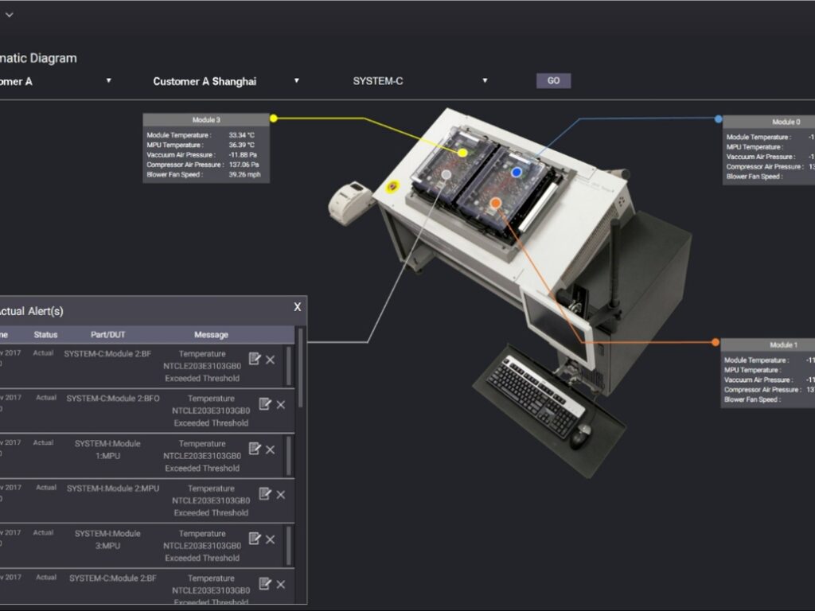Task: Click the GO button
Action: (553, 80)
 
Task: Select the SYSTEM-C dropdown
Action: (419, 81)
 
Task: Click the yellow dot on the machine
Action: (462, 152)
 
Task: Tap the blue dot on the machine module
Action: (517, 172)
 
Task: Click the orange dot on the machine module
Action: (495, 204)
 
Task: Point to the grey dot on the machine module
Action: (446, 173)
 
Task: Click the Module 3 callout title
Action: (206, 119)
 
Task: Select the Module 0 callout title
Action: (786, 122)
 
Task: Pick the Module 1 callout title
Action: (782, 344)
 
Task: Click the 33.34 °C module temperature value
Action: (241, 135)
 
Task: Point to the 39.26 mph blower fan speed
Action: (244, 174)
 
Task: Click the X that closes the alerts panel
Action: (298, 307)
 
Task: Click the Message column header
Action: (211, 335)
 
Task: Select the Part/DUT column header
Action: (107, 335)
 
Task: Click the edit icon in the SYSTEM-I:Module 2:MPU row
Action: (255, 493)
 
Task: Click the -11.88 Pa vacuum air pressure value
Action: (242, 154)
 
